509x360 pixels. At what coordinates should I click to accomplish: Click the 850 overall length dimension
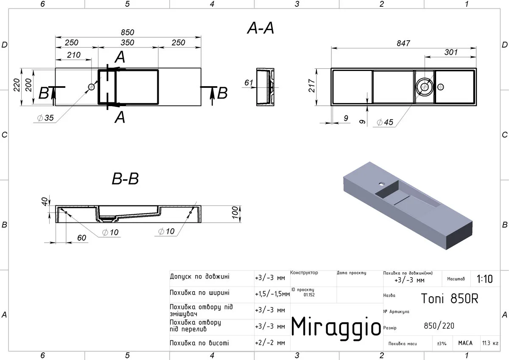[128, 32]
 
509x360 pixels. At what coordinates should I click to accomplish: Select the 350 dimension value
[128, 42]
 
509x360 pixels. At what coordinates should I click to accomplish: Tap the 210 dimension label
[74, 55]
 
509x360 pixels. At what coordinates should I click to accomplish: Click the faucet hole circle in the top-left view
[91, 87]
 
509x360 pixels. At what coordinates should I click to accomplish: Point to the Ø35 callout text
[45, 118]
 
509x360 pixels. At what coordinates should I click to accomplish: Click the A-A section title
[260, 28]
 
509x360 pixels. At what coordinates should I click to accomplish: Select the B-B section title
[125, 179]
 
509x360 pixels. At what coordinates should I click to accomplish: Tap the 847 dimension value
[403, 43]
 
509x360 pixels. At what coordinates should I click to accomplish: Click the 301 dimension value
[451, 52]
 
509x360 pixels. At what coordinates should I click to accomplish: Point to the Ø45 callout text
[385, 122]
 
